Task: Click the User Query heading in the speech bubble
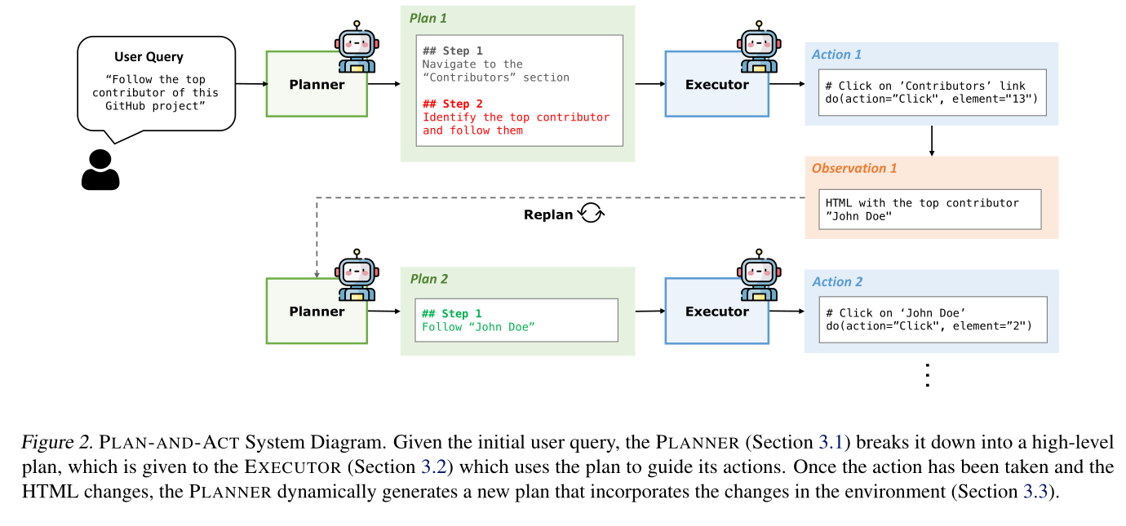pyautogui.click(x=149, y=57)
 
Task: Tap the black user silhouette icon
pyautogui.click(x=100, y=170)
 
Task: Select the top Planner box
pyautogui.click(x=317, y=84)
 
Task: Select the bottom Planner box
pyautogui.click(x=317, y=311)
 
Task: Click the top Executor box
pyautogui.click(x=716, y=84)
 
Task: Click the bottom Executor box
pyautogui.click(x=716, y=311)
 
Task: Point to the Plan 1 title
pyautogui.click(x=428, y=18)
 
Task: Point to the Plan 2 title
pyautogui.click(x=428, y=279)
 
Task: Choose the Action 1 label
pyautogui.click(x=836, y=55)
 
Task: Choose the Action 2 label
pyautogui.click(x=837, y=282)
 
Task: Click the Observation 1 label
pyautogui.click(x=853, y=168)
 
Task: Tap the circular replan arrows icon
pyautogui.click(x=590, y=214)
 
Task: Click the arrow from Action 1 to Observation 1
pyautogui.click(x=931, y=140)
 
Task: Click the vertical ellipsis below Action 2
pyautogui.click(x=926, y=374)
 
